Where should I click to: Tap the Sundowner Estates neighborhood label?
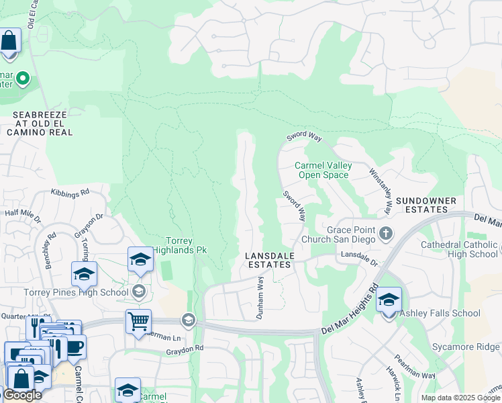pos(425,206)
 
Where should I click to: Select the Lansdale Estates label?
pos(268,261)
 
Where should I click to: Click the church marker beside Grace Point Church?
pos(385,234)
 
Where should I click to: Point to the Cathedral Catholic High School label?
pos(459,249)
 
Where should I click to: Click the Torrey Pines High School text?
pos(76,292)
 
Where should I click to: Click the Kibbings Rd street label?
pos(70,192)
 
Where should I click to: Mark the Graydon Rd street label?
pos(185,349)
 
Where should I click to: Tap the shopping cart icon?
pos(138,321)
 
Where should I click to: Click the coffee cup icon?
pos(74,347)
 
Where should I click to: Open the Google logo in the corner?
pos(22,395)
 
